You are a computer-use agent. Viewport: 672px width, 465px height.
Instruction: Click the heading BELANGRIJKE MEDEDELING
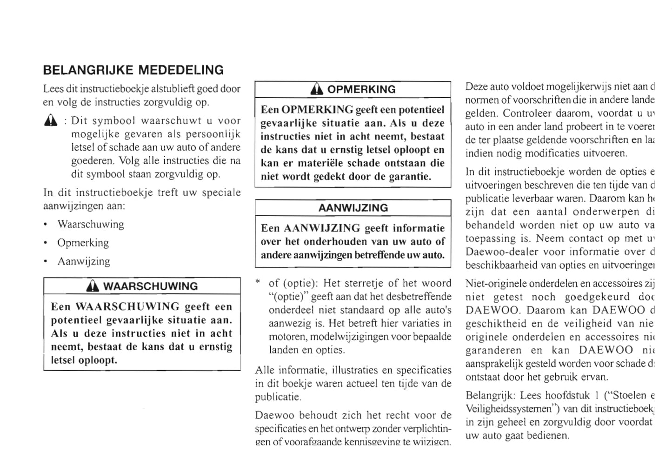(x=133, y=70)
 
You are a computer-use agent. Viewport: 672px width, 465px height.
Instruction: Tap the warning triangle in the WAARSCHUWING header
(x=93, y=286)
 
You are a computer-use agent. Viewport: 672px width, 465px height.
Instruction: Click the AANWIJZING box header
(x=353, y=208)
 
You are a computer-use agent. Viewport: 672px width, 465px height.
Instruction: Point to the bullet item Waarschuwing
(x=91, y=224)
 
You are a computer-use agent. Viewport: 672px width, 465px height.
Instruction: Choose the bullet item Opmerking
(x=83, y=243)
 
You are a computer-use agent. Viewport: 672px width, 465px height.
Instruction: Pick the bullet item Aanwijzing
(x=84, y=261)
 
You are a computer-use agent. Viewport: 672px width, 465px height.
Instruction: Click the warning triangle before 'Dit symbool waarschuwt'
(x=51, y=121)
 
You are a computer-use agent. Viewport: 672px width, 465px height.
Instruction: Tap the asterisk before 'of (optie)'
(x=258, y=282)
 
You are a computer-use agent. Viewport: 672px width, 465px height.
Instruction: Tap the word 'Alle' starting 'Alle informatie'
(x=264, y=371)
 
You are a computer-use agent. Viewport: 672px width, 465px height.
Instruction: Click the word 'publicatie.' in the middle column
(x=278, y=398)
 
